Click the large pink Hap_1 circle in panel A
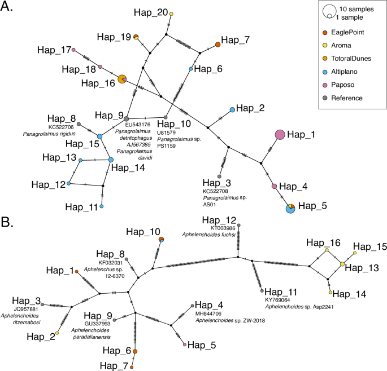click(x=280, y=134)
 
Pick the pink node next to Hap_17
click(x=74, y=50)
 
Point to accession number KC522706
click(x=64, y=127)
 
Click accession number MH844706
click(x=211, y=313)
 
